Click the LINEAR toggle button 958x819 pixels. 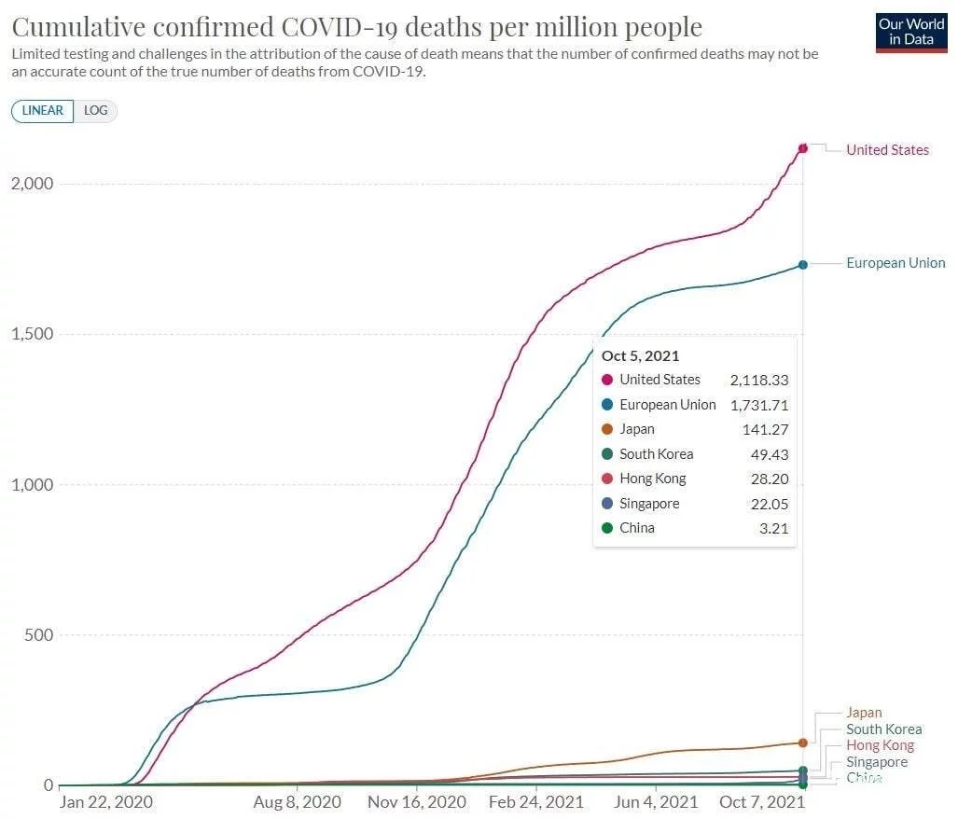[42, 111]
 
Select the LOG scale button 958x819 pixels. [96, 111]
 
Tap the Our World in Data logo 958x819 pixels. [911, 31]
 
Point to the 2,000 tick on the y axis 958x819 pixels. [33, 184]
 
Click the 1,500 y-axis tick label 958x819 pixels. [33, 334]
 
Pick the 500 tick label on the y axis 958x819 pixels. [38, 635]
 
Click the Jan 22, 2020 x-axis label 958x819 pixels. [105, 801]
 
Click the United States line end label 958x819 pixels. [887, 150]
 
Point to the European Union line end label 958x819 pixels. [896, 263]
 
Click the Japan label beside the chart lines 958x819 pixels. [864, 713]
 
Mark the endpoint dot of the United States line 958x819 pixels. [802, 148]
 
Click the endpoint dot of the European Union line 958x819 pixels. [802, 265]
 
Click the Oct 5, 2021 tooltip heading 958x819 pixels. [640, 355]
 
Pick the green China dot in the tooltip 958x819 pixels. [607, 528]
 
